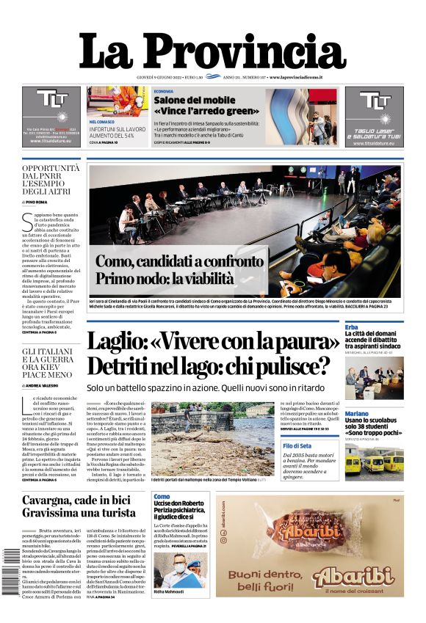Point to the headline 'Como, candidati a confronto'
[x=179, y=261]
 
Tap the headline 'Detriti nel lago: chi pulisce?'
[x=208, y=366]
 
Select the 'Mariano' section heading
[x=357, y=415]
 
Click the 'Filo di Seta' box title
[x=297, y=445]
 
